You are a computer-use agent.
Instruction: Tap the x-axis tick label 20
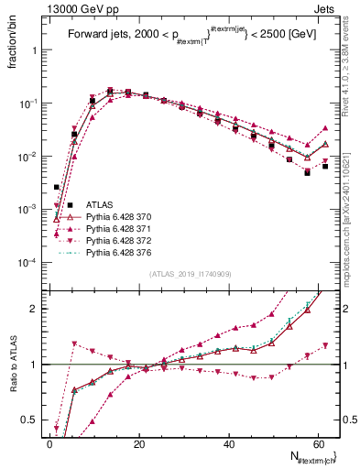[x=138, y=444]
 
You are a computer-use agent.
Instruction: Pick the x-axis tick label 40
[x=228, y=444]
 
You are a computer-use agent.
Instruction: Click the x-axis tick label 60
[x=318, y=444]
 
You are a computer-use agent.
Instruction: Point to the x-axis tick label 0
[x=49, y=444]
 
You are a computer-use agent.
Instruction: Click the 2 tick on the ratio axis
[x=35, y=309]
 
